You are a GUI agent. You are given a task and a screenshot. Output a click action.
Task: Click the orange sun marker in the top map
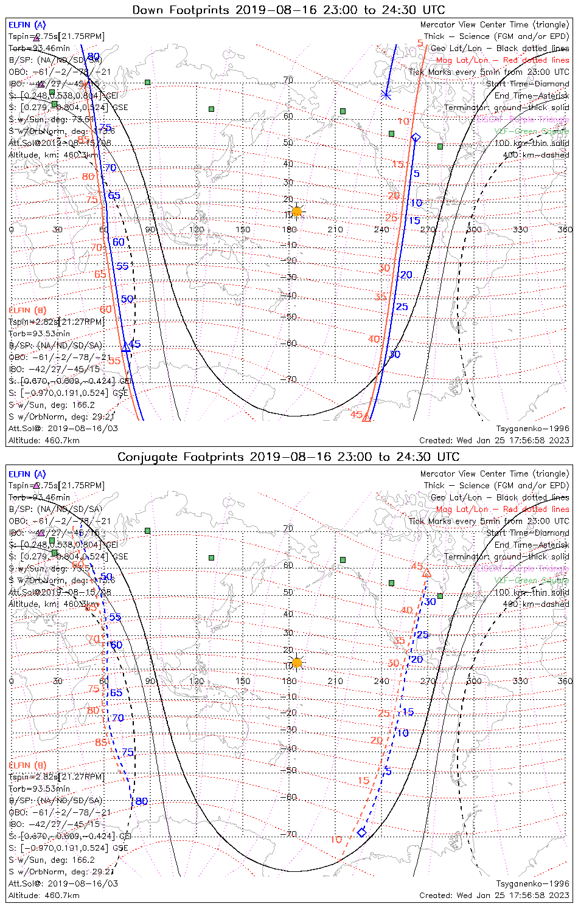(296, 212)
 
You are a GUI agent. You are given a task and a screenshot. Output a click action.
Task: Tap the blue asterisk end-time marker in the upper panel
(385, 95)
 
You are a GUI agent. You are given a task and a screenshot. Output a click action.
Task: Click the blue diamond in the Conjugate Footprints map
(362, 832)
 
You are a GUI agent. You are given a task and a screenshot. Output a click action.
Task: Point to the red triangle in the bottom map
(427, 573)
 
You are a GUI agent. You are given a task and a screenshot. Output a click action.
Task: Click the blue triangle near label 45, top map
(126, 347)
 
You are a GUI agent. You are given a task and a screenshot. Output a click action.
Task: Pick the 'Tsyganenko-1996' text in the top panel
(532, 429)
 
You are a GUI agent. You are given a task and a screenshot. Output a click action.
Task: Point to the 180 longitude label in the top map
(289, 230)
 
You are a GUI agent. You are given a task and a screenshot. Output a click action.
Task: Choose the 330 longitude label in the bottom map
(520, 681)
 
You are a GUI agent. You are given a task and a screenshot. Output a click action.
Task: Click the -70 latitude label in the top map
(290, 379)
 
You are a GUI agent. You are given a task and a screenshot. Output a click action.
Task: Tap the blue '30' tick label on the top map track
(395, 354)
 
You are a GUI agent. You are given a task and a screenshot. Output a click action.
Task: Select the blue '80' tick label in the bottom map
(141, 801)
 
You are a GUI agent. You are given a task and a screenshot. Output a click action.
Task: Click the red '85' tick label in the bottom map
(101, 742)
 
